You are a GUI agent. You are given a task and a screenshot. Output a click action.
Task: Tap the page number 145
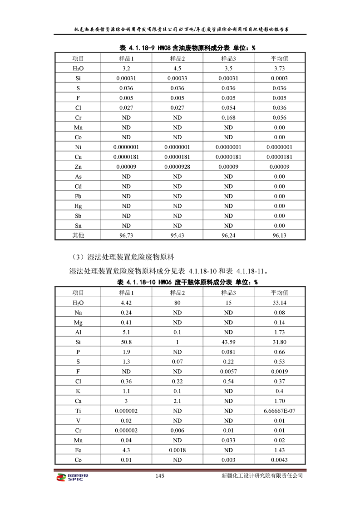pyautogui.click(x=159, y=476)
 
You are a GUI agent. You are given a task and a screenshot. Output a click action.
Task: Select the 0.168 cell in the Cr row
pyautogui.click(x=228, y=117)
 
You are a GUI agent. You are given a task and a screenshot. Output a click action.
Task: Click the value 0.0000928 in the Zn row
pyautogui.click(x=177, y=167)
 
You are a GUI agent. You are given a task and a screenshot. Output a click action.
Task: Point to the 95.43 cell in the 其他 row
pyautogui.click(x=177, y=235)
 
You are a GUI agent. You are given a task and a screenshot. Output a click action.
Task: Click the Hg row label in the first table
pyautogui.click(x=78, y=206)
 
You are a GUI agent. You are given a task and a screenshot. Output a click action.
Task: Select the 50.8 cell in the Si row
pyautogui.click(x=126, y=342)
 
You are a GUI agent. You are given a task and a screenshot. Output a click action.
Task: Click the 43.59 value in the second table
pyautogui.click(x=228, y=342)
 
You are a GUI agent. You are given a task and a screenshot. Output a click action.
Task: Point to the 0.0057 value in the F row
pyautogui.click(x=228, y=371)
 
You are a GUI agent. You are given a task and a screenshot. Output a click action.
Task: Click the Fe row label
pyautogui.click(x=78, y=450)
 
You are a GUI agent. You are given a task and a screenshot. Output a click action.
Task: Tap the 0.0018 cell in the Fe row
pyautogui.click(x=177, y=450)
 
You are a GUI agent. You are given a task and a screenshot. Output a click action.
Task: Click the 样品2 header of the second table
pyautogui.click(x=177, y=293)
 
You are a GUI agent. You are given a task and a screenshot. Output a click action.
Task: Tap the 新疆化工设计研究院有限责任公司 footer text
pyautogui.click(x=262, y=476)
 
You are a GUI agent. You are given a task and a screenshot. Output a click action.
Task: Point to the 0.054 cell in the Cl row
pyautogui.click(x=228, y=108)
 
